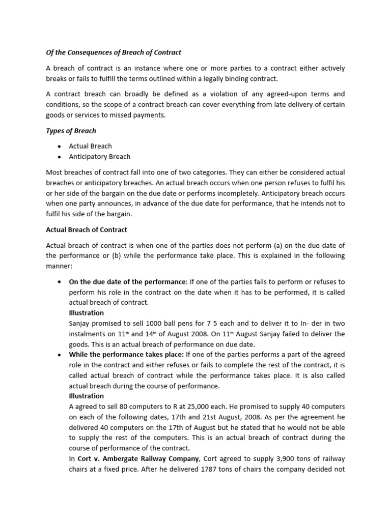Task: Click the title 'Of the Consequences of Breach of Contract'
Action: (x=114, y=52)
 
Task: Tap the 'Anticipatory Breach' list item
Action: (x=99, y=157)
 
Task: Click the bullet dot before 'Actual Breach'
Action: (x=60, y=147)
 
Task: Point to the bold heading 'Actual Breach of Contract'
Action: (x=87, y=229)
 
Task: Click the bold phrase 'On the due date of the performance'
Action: (x=128, y=282)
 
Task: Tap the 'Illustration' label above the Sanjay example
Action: (x=86, y=313)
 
